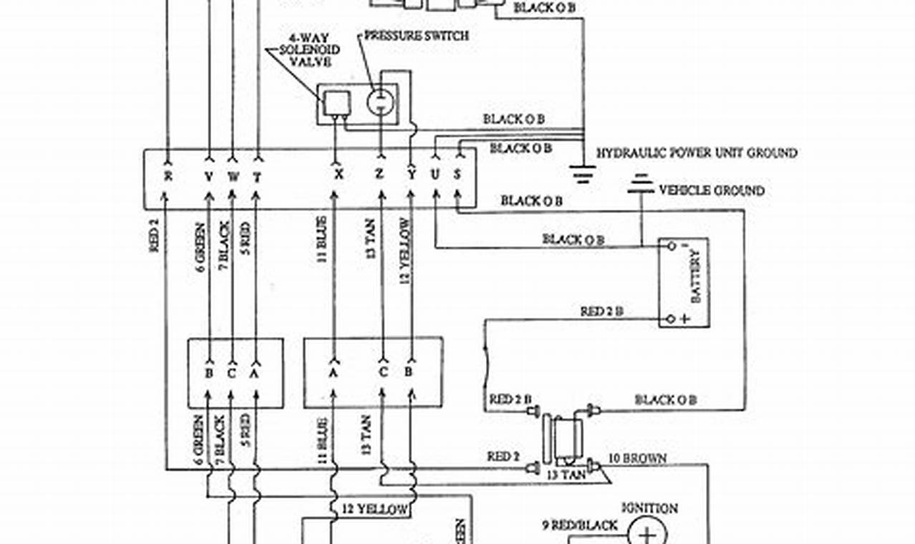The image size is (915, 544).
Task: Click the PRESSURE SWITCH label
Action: click(416, 35)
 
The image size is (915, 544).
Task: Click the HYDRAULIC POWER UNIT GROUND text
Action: click(697, 153)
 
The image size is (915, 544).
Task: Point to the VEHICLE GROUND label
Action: click(711, 190)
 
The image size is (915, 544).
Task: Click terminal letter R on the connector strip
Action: click(168, 175)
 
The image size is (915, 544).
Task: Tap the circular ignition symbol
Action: click(647, 533)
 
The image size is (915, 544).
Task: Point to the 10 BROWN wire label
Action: click(637, 458)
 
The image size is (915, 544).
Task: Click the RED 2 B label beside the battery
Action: click(601, 311)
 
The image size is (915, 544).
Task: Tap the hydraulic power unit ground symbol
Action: click(584, 174)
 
